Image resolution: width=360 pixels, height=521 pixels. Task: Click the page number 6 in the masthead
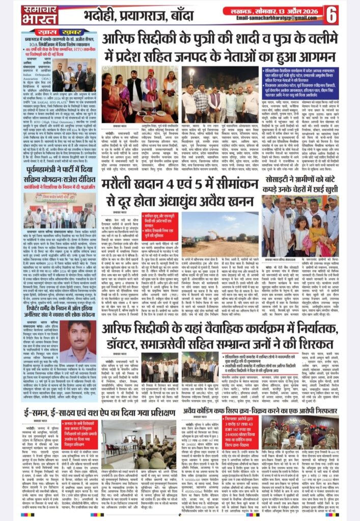point(332,14)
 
